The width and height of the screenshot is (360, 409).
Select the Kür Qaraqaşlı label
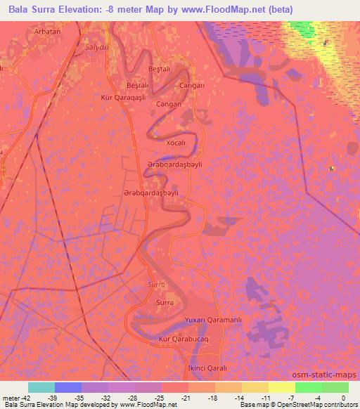pyautogui.click(x=123, y=98)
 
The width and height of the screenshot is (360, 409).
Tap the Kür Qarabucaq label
pyautogui.click(x=185, y=339)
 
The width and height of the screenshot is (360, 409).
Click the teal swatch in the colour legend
pyautogui.click(x=41, y=387)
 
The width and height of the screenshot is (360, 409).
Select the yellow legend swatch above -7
pyautogui.click(x=281, y=387)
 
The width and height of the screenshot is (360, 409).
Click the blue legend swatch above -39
pyautogui.click(x=68, y=387)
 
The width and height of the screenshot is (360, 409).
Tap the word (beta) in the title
pyautogui.click(x=293, y=9)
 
